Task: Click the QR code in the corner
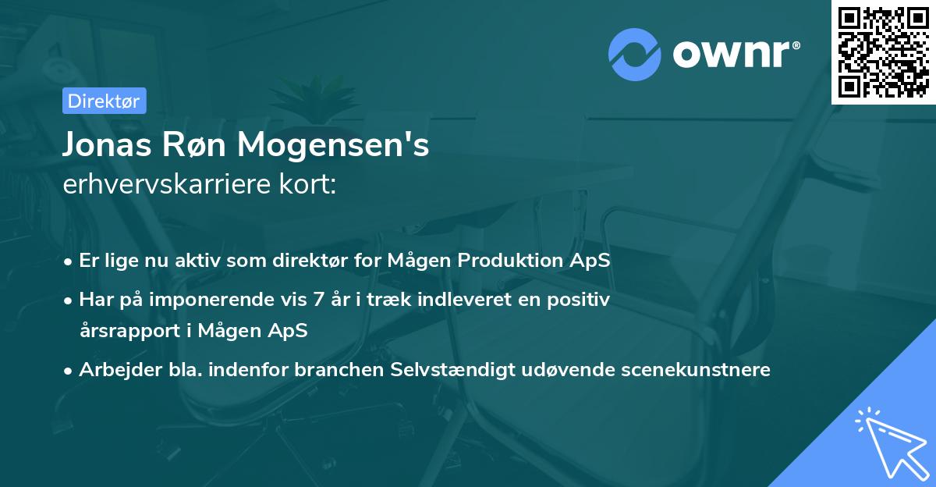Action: click(x=884, y=52)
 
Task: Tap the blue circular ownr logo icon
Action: click(x=634, y=54)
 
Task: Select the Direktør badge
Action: click(x=103, y=100)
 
